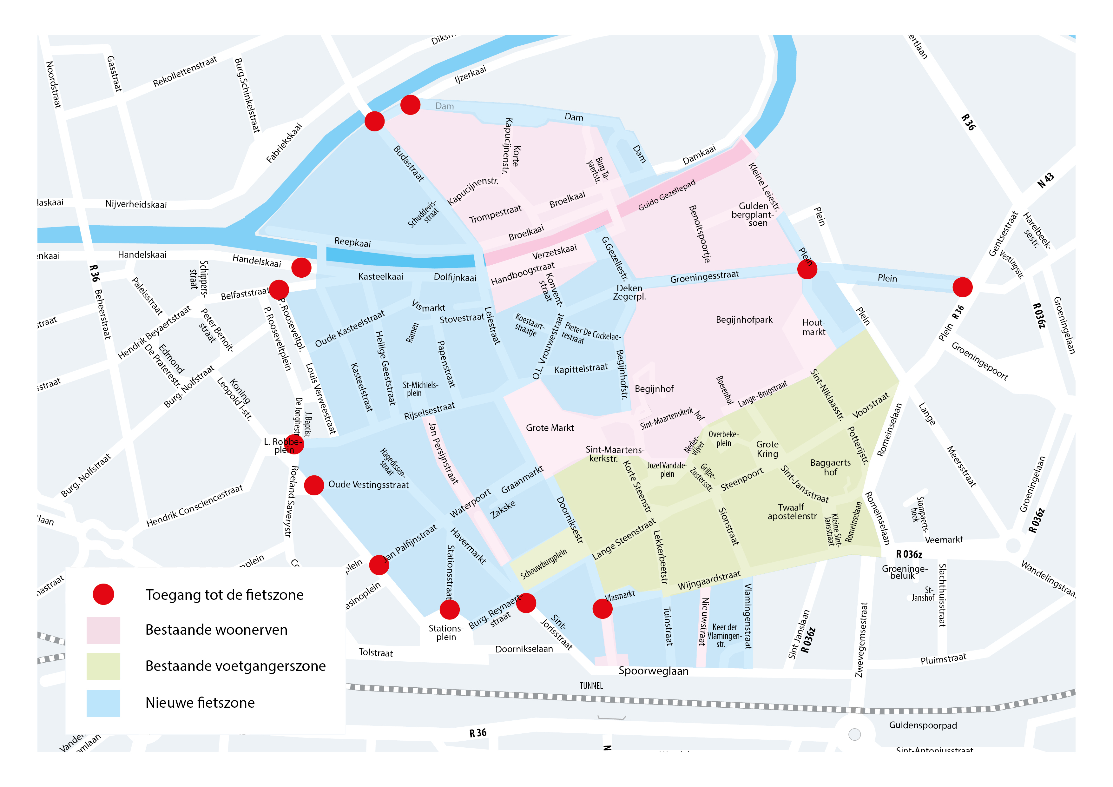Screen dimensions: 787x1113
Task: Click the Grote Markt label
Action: pyautogui.click(x=550, y=428)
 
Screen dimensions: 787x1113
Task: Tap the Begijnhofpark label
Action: pyautogui.click(x=744, y=320)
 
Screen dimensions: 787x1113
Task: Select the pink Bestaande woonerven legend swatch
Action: pyautogui.click(x=103, y=630)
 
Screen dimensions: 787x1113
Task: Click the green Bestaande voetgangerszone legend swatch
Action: pyautogui.click(x=103, y=666)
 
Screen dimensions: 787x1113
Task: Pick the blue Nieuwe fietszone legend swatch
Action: pyautogui.click(x=103, y=703)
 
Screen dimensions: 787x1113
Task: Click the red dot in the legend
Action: pyautogui.click(x=103, y=594)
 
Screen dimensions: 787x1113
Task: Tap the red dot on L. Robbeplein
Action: pyautogui.click(x=294, y=444)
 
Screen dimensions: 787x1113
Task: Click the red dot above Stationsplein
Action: pyautogui.click(x=449, y=610)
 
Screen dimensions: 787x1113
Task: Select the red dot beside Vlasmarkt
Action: pyautogui.click(x=603, y=609)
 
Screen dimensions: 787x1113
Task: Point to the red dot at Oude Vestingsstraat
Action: pyautogui.click(x=314, y=485)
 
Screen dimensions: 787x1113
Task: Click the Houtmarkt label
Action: pyautogui.click(x=813, y=327)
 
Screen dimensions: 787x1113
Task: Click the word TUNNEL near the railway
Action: pyautogui.click(x=591, y=686)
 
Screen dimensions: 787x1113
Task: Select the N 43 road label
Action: pyautogui.click(x=1046, y=180)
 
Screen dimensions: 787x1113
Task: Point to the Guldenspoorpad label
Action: pyautogui.click(x=923, y=725)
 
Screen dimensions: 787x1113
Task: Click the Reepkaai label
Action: pyautogui.click(x=352, y=242)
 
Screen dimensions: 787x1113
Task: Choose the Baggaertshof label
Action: pyautogui.click(x=830, y=467)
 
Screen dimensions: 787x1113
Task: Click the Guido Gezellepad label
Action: pyautogui.click(x=667, y=195)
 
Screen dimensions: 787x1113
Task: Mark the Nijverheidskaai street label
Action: pyautogui.click(x=136, y=204)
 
